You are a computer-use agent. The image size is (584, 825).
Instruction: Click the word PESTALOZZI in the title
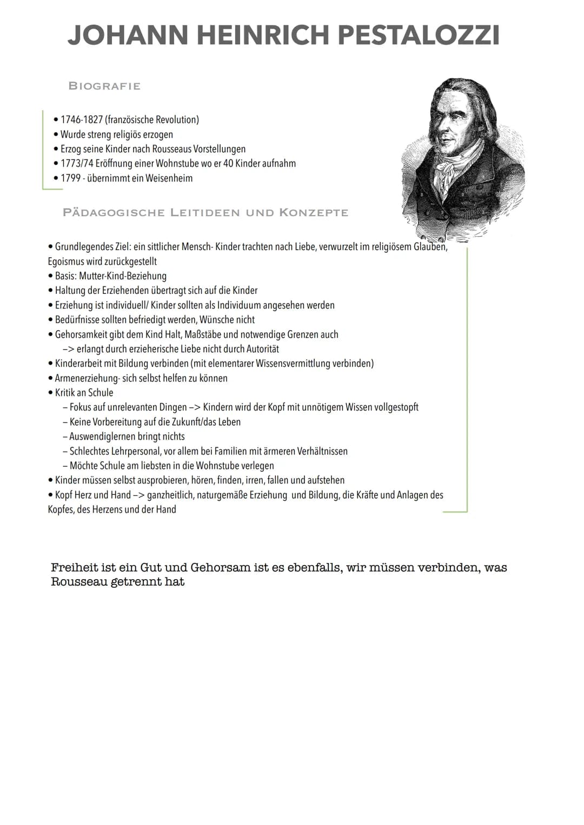tap(419, 36)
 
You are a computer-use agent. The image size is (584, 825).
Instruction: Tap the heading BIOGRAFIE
tap(104, 86)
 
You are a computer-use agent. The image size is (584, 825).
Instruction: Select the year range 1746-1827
tap(81, 119)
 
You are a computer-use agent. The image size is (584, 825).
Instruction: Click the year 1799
tap(70, 178)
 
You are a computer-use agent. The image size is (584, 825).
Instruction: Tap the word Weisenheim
tap(169, 178)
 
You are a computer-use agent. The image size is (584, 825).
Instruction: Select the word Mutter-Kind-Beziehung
tap(123, 276)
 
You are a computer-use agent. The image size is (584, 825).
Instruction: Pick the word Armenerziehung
tap(87, 378)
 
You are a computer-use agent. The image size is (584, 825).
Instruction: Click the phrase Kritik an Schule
tap(84, 392)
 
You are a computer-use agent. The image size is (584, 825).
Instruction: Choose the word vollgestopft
tap(396, 407)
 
